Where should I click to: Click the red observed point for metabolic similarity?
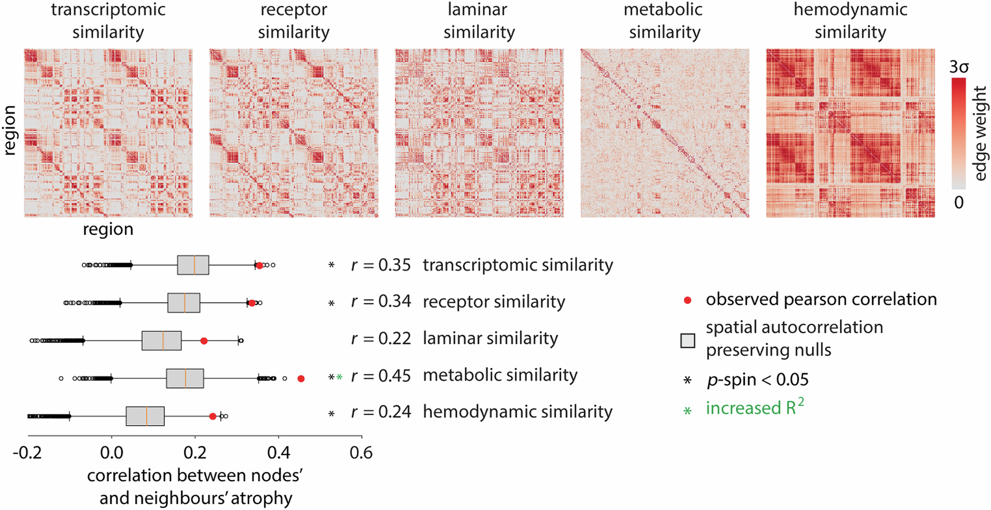301,379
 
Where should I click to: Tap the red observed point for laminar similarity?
204,341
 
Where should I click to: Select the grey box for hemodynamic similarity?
145,416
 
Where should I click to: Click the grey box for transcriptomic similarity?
193,265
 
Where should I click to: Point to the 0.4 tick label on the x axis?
278,453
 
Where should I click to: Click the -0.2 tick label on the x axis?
27,453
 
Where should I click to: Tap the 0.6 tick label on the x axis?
361,453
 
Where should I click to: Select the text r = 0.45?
381,376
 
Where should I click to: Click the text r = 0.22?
381,339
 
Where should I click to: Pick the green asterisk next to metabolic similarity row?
339,378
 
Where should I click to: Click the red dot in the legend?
687,300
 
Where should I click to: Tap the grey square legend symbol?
688,340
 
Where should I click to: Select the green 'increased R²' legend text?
755,408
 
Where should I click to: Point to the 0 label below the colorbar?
959,202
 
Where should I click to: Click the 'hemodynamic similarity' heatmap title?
850,21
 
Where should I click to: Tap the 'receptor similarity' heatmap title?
293,21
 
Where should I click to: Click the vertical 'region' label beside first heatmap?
10,131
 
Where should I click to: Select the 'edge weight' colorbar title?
981,133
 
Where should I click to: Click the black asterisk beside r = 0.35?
331,265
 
